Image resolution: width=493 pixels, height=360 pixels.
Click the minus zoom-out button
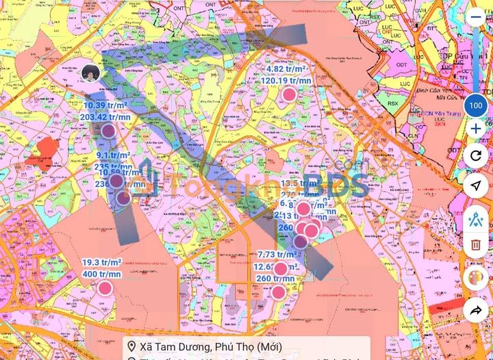coord(476,17)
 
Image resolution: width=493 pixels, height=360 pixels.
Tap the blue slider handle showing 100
coord(476,105)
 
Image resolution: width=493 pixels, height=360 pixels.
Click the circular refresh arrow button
coord(476,155)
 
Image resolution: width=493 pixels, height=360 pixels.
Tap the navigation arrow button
coord(476,185)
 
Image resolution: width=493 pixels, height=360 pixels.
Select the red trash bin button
coord(476,244)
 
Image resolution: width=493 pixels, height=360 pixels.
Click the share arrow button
coord(476,310)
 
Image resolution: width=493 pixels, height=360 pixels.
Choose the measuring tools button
coord(476,218)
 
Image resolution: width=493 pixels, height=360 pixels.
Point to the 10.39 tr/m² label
coord(105,105)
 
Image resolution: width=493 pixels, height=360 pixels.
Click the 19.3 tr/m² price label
coord(102,263)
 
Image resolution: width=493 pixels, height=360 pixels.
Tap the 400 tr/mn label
coord(102,274)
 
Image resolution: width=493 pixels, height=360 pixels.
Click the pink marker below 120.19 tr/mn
coord(290,94)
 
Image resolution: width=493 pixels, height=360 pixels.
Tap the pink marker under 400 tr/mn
coord(105,287)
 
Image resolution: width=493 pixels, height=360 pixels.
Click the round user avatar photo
coord(90,73)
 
